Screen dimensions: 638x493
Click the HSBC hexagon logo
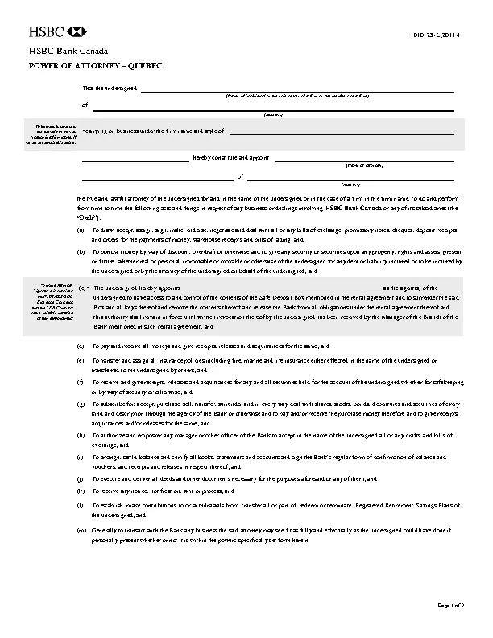[x=78, y=33]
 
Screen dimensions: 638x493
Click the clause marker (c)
[x=83, y=288]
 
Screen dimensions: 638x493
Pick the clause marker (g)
[x=80, y=402]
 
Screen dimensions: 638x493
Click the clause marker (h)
[x=80, y=435]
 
